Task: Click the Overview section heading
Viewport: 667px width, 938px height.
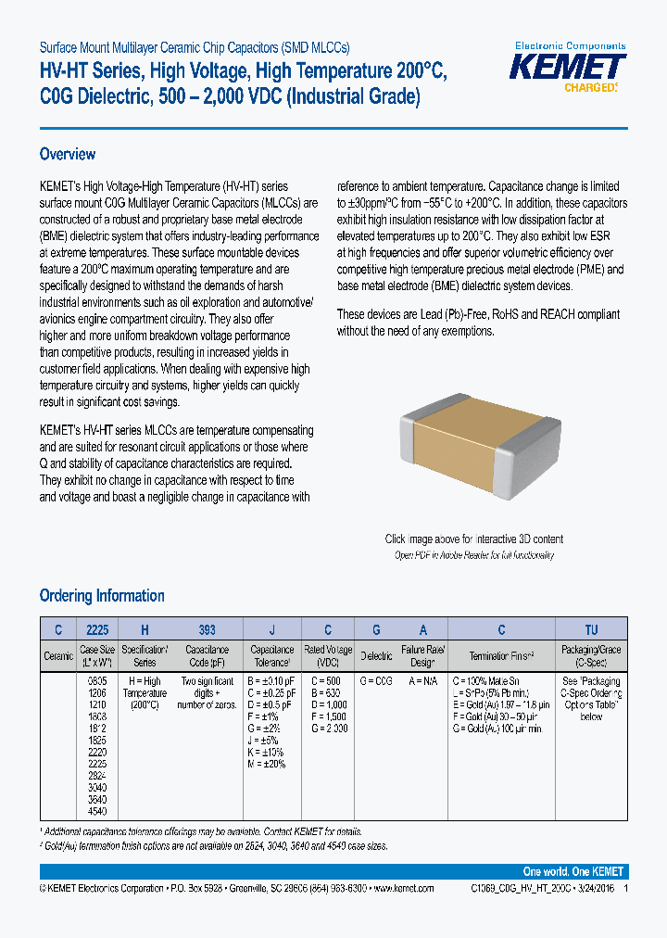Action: click(x=68, y=154)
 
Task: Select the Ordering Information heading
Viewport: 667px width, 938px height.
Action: click(x=102, y=596)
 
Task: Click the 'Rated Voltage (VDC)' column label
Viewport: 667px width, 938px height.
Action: click(x=328, y=656)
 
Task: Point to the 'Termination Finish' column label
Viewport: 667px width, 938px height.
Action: click(x=501, y=656)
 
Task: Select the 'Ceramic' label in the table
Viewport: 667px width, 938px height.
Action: click(x=57, y=656)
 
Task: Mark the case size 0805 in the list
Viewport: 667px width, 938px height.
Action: click(x=95, y=680)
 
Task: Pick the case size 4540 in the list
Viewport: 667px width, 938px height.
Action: click(x=95, y=812)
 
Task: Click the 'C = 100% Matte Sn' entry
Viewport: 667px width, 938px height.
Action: click(x=489, y=680)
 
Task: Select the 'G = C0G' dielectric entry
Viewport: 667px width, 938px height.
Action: click(x=375, y=680)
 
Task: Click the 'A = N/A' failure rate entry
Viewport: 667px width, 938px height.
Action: click(x=423, y=680)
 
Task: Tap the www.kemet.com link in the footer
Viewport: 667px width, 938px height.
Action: click(x=401, y=888)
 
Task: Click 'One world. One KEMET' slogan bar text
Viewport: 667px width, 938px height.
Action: click(x=573, y=872)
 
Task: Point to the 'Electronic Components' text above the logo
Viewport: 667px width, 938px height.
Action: click(x=570, y=45)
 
